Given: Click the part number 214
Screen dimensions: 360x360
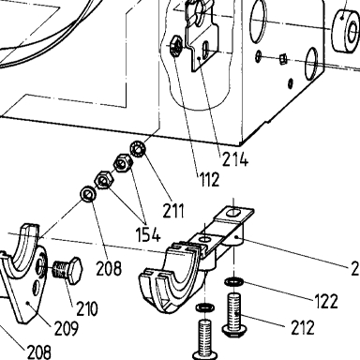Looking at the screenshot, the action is [x=235, y=160].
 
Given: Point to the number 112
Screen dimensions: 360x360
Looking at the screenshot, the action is [x=209, y=179].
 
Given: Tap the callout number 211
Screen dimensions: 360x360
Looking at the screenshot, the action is [x=173, y=211].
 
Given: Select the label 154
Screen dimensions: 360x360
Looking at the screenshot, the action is [x=148, y=234].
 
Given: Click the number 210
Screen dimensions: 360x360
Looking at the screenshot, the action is [x=87, y=308].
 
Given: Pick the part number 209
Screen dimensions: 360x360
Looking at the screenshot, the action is [x=67, y=328].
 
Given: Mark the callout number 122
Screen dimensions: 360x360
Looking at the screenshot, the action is [x=326, y=302].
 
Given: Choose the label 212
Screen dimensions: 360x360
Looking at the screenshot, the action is [x=303, y=327].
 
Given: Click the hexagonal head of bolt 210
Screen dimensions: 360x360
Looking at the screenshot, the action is [x=75, y=271].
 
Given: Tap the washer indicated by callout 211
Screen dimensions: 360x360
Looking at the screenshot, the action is [x=137, y=149].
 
